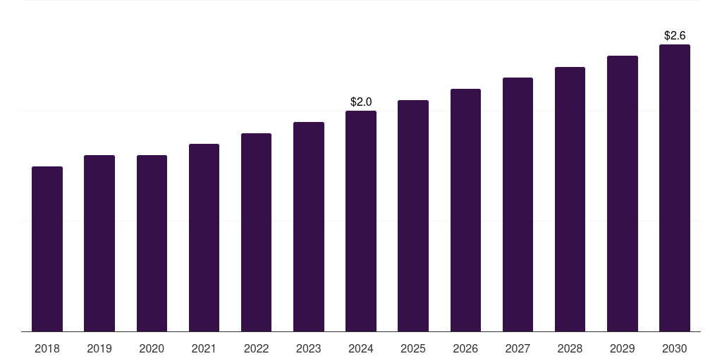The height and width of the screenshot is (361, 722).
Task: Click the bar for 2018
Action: (x=47, y=249)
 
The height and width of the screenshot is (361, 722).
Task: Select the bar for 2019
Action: (x=99, y=243)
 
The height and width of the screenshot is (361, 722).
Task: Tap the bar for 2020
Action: (x=152, y=243)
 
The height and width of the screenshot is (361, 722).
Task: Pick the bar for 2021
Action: (x=204, y=238)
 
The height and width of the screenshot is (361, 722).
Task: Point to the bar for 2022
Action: (x=256, y=232)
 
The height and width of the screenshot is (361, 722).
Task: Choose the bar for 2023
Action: (x=309, y=226)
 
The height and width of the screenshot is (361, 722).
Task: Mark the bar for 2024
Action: (x=361, y=221)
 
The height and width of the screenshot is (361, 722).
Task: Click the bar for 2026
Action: (x=465, y=210)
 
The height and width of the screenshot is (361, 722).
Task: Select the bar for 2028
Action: (x=570, y=199)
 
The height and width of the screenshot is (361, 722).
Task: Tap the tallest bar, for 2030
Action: (x=675, y=188)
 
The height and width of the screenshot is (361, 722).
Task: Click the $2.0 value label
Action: (x=361, y=102)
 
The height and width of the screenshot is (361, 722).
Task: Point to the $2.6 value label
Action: (x=675, y=35)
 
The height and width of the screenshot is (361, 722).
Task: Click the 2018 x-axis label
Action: (x=47, y=348)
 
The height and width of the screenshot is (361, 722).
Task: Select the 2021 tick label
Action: (x=204, y=348)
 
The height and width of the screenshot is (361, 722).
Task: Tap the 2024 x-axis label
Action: (x=361, y=348)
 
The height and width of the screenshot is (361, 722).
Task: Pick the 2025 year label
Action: (x=413, y=348)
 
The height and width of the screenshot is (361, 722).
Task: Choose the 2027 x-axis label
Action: (x=518, y=348)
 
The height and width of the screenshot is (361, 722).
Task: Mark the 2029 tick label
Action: (x=622, y=348)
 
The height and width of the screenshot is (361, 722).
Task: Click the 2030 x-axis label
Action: (x=675, y=348)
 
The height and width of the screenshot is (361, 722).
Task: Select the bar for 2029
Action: (x=622, y=193)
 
